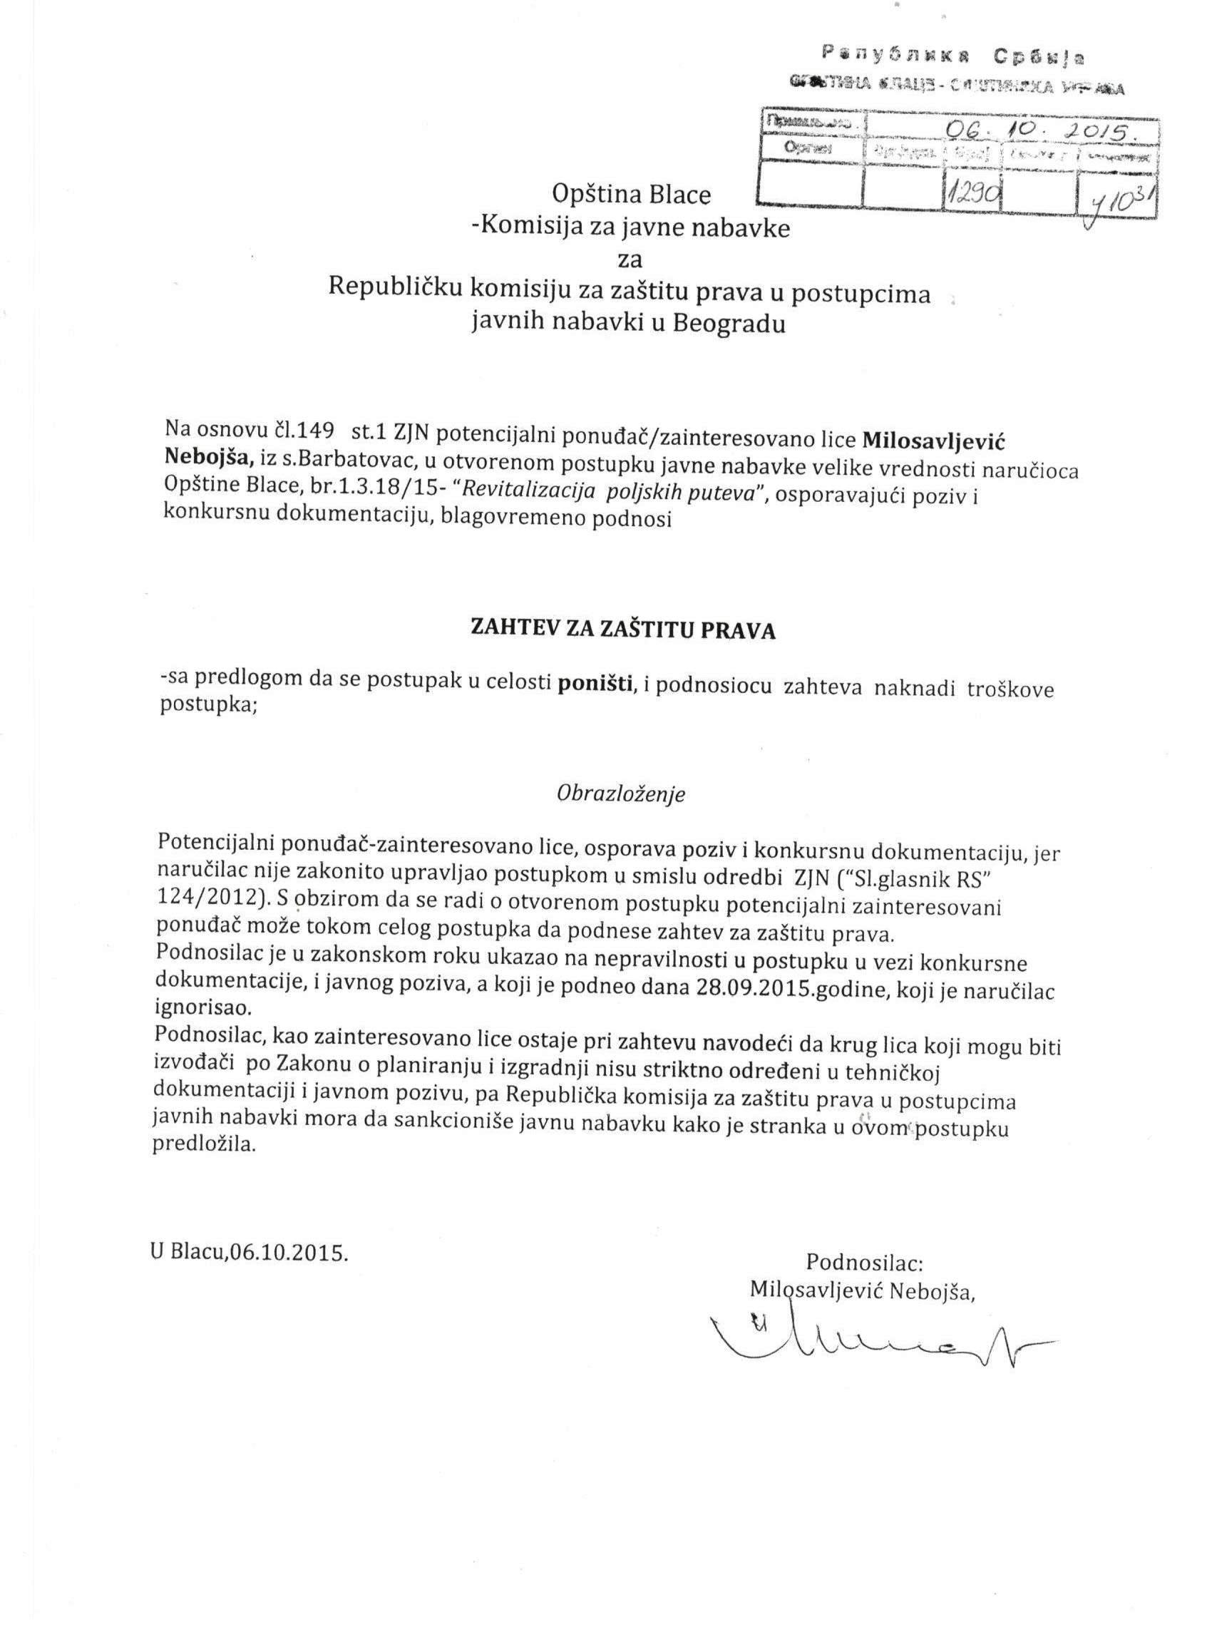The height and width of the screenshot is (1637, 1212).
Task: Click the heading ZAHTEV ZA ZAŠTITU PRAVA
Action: coord(622,629)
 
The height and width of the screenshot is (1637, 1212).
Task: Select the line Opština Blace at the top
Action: coord(631,195)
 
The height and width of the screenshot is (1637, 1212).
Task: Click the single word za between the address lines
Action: coord(631,260)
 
